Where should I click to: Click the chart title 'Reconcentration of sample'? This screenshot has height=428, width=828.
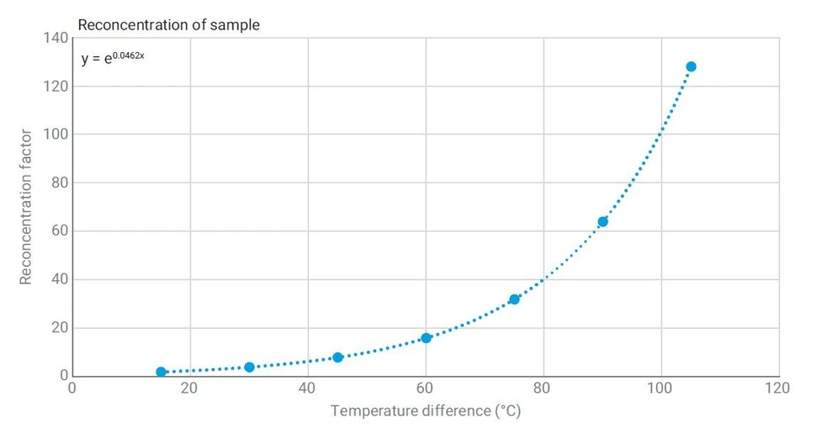pyautogui.click(x=169, y=24)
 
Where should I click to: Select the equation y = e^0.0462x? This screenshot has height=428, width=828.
pyautogui.click(x=113, y=57)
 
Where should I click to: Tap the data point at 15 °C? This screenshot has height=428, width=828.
pyautogui.click(x=161, y=372)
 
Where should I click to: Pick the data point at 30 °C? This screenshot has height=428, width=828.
pyautogui.click(x=249, y=367)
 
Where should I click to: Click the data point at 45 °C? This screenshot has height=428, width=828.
pyautogui.click(x=338, y=357)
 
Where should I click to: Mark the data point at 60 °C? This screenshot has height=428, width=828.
pyautogui.click(x=426, y=338)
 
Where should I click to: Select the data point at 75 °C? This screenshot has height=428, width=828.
pyautogui.click(x=514, y=299)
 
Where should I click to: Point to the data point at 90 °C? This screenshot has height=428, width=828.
pyautogui.click(x=602, y=222)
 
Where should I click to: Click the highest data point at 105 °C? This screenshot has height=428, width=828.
pyautogui.click(x=691, y=66)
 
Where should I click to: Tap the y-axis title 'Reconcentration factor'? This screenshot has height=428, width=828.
pyautogui.click(x=25, y=207)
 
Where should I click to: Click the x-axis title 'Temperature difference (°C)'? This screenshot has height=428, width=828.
pyautogui.click(x=426, y=410)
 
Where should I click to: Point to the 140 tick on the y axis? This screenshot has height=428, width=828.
pyautogui.click(x=56, y=38)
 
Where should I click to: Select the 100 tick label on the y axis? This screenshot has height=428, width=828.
pyautogui.click(x=56, y=134)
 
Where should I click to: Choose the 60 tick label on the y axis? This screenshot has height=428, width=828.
pyautogui.click(x=60, y=230)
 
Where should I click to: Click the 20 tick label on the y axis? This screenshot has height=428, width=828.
pyautogui.click(x=60, y=327)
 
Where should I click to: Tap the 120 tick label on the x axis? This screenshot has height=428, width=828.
pyautogui.click(x=778, y=388)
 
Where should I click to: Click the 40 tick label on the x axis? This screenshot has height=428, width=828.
pyautogui.click(x=307, y=388)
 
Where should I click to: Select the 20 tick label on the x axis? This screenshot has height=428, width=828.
pyautogui.click(x=189, y=388)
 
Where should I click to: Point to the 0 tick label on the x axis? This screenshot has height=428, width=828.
pyautogui.click(x=72, y=388)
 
